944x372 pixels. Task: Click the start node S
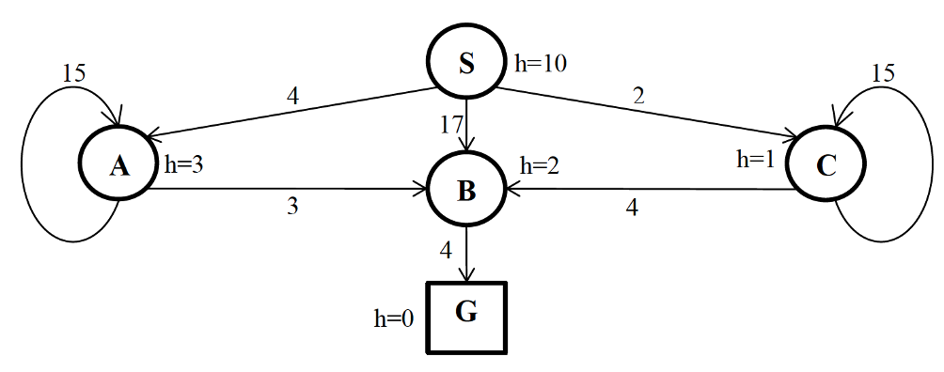click(x=467, y=64)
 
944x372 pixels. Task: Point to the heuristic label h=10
click(x=541, y=64)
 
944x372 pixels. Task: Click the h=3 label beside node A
click(x=185, y=165)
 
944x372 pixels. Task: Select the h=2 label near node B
click(x=541, y=166)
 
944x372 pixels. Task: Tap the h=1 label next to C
click(x=756, y=159)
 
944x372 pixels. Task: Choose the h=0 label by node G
click(x=394, y=318)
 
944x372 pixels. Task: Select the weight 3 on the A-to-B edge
click(x=292, y=208)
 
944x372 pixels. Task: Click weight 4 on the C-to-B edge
click(x=632, y=208)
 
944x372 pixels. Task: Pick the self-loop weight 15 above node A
click(x=73, y=72)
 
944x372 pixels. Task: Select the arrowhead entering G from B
click(x=467, y=276)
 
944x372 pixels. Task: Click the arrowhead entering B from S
click(x=467, y=144)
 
